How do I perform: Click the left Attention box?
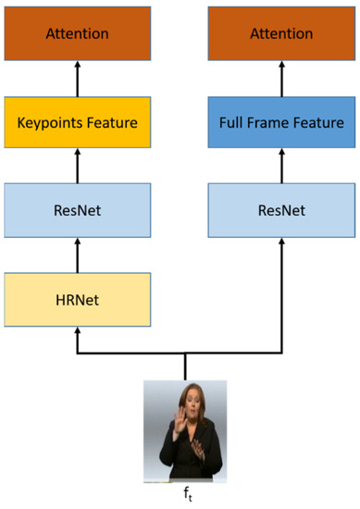point(77,33)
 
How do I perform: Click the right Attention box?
point(282,33)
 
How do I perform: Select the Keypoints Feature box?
point(77,122)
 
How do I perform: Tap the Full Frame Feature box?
point(282,122)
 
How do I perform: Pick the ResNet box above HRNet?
point(77,211)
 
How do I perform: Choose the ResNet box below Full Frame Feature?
point(282,211)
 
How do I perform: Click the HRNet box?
point(77,301)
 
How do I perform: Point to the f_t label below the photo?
point(185,495)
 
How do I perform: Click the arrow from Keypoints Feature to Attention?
point(77,80)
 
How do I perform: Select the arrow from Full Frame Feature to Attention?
point(282,80)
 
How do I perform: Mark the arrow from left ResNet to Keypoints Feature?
point(77,168)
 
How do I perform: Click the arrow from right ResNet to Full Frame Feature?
point(282,168)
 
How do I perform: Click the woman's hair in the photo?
point(186,389)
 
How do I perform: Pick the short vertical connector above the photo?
point(186,366)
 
